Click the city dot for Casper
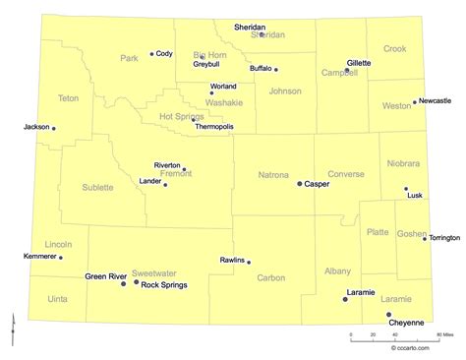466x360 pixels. [x=300, y=183]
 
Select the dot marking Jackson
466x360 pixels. [x=53, y=128]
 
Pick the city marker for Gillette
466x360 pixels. [x=346, y=70]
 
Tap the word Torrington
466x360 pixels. [x=444, y=238]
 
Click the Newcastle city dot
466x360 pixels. [x=415, y=101]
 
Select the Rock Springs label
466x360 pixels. [x=164, y=285]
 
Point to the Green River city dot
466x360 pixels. [x=124, y=282]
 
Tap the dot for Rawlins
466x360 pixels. [x=249, y=262]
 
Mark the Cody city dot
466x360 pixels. [x=151, y=54]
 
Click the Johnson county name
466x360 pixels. [x=285, y=91]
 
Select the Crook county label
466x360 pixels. [x=394, y=48]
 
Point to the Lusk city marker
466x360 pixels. [x=405, y=189]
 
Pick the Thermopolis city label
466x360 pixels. [x=214, y=127]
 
